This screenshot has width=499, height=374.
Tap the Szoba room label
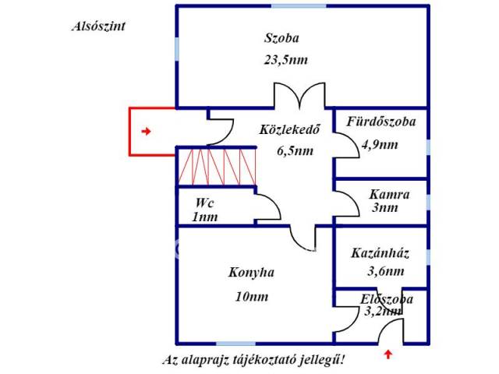[x=281, y=37]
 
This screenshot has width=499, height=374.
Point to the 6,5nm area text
[x=295, y=151]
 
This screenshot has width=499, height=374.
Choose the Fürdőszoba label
[x=381, y=122]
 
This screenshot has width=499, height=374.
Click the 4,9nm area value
[x=380, y=144]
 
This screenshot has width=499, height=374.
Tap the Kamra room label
[x=388, y=193]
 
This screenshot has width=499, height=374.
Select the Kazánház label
[x=380, y=253]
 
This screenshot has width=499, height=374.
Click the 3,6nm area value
[x=385, y=272]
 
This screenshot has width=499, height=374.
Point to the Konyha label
[x=251, y=273]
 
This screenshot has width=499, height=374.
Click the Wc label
[x=204, y=203]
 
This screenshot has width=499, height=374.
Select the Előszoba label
[x=387, y=299]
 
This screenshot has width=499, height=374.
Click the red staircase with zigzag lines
[x=217, y=167]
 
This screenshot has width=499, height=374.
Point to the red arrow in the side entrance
[x=146, y=132]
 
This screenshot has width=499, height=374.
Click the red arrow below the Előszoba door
[x=388, y=355]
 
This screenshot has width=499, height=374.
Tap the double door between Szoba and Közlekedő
[x=298, y=97]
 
